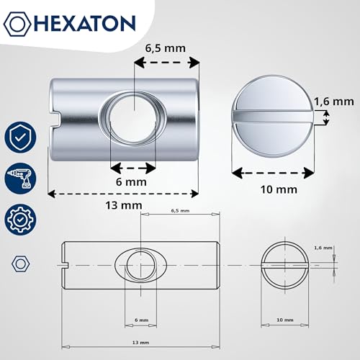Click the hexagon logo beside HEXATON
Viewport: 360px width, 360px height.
[x=17, y=24]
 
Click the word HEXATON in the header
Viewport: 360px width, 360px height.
[x=86, y=24]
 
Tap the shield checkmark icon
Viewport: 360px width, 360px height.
[x=20, y=137]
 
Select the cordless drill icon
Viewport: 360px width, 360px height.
[x=20, y=178]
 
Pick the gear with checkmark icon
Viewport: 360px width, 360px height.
[x=20, y=220]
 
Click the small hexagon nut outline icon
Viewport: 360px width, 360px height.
[x=20, y=264]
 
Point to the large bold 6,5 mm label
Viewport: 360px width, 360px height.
[x=166, y=48]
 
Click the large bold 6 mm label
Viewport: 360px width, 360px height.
[x=131, y=182]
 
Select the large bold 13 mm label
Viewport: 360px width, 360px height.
[x=124, y=205]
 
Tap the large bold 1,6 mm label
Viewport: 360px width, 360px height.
[x=334, y=102]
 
